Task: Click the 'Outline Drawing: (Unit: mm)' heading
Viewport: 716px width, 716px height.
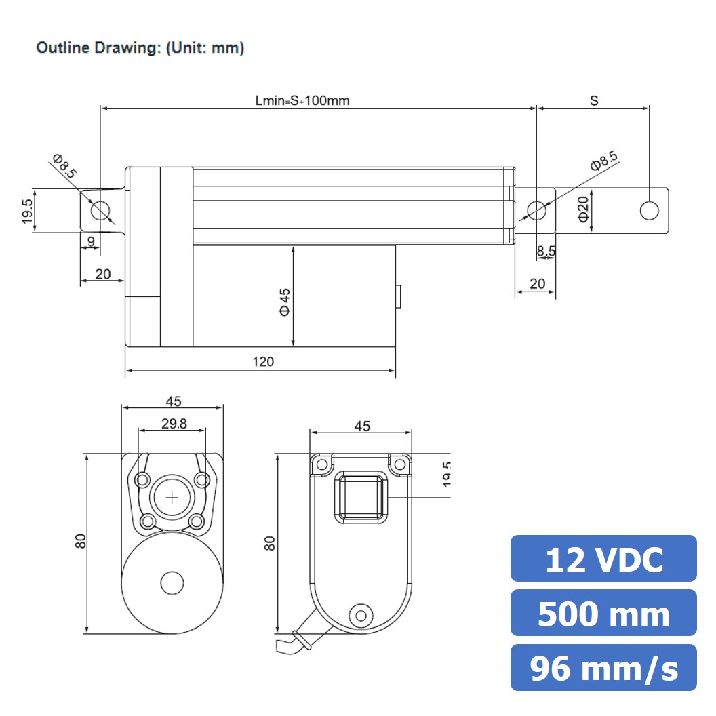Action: [x=140, y=48]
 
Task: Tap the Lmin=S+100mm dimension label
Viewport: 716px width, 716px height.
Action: [x=302, y=100]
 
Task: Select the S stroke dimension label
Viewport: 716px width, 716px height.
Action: [x=594, y=100]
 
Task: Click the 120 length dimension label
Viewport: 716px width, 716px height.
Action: [x=263, y=361]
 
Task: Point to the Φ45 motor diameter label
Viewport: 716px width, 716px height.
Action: [x=285, y=302]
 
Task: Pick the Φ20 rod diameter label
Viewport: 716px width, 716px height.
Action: [x=583, y=210]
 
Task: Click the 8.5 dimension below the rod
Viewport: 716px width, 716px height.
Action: [x=546, y=251]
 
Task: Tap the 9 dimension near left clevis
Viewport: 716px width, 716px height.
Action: [x=91, y=241]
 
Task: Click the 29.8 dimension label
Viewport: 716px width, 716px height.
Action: [x=174, y=424]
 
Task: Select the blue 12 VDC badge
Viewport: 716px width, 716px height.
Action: [x=603, y=559]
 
